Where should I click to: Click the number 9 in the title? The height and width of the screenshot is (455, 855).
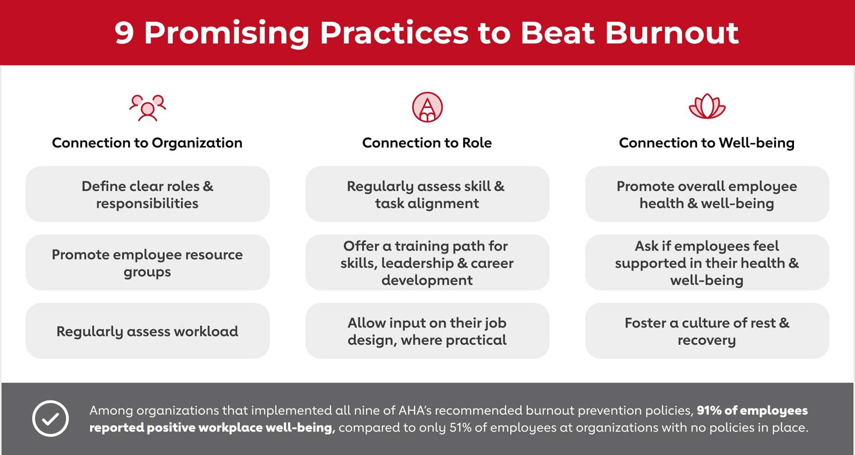[x=124, y=33]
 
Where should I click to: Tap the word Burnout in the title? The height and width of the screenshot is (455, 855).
[x=672, y=33]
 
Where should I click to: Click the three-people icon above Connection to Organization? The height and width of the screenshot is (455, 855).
[x=147, y=108]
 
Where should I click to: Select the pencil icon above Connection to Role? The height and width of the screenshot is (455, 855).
[x=427, y=107]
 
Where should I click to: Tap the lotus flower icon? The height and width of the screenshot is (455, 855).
[x=707, y=107]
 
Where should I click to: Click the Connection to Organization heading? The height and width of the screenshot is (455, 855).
[x=147, y=143]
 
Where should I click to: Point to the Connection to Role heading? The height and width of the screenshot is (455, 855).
[x=427, y=143]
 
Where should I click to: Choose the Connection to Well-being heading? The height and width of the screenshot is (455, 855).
[x=707, y=143]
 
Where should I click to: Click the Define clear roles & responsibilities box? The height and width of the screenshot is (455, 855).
[x=147, y=194]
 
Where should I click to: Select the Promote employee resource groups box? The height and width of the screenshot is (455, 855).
[x=147, y=262]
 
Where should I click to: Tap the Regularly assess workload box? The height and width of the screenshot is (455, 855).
[x=147, y=331]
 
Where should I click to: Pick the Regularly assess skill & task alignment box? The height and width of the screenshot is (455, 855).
[x=427, y=194]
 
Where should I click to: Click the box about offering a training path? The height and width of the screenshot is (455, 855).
[x=427, y=262]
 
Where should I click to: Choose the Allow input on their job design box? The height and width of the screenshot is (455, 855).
[x=427, y=331]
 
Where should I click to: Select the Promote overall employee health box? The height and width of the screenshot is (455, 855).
[x=707, y=194]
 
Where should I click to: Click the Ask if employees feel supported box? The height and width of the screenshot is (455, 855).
[x=707, y=262]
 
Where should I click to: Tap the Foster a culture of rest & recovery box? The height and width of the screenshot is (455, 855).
[x=707, y=331]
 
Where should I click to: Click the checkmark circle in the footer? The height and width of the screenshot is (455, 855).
[x=50, y=419]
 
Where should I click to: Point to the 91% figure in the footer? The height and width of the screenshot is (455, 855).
[x=709, y=410]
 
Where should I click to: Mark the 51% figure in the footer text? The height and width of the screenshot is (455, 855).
[x=460, y=427]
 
